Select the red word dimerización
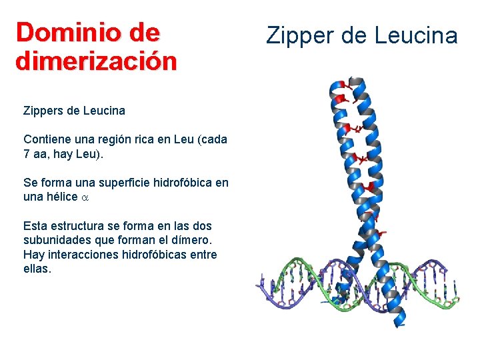(96, 61)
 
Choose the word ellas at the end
(37, 269)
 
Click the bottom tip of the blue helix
(399, 325)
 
